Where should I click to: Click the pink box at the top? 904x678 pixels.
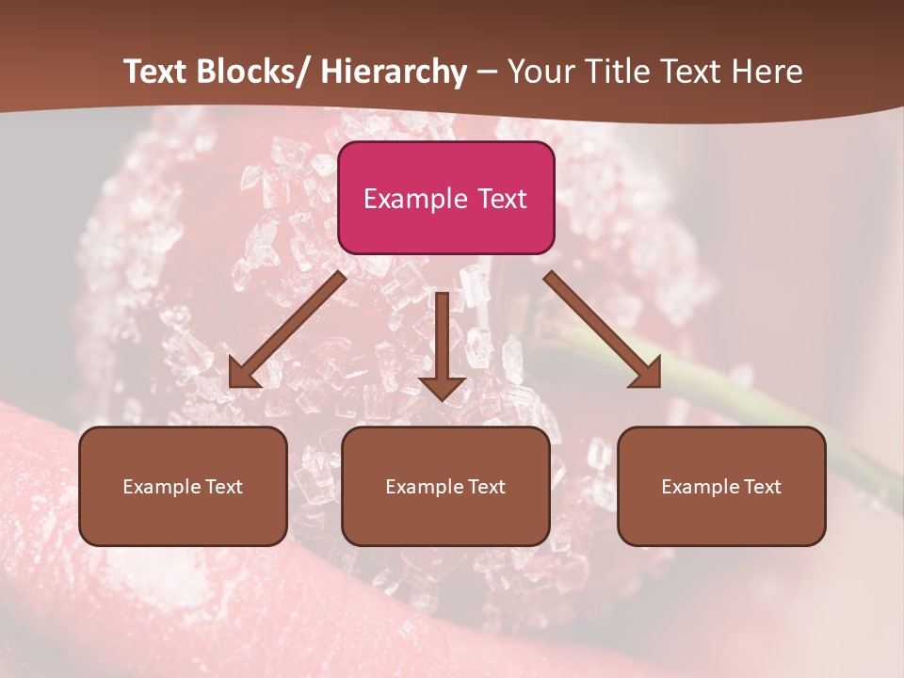445,198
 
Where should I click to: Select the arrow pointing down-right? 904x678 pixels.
603,330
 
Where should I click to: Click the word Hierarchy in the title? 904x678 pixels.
394,72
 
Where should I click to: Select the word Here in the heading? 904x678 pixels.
769,72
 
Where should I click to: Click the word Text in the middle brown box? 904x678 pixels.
485,487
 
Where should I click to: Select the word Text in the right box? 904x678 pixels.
761,487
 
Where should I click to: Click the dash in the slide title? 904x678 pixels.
487,73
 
